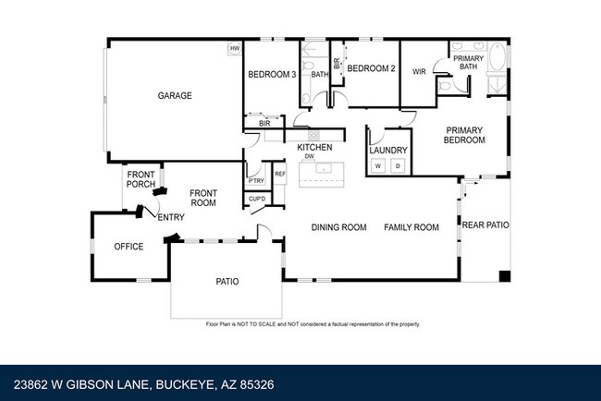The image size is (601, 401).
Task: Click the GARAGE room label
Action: [174, 95]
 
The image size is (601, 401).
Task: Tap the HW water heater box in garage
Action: [235, 49]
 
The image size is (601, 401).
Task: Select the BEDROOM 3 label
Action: [271, 75]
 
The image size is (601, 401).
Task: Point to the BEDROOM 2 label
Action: [371, 68]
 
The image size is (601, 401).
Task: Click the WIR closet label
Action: [418, 70]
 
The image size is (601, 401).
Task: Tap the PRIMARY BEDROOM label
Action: [465, 135]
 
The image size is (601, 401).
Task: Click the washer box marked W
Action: [377, 166]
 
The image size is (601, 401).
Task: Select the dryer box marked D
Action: [398, 166]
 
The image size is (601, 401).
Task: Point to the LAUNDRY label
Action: [387, 150]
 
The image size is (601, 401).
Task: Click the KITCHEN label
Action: [313, 148]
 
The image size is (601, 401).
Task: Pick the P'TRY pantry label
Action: [255, 180]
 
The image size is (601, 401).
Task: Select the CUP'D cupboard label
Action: [256, 199]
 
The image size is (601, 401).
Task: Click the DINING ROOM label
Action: [338, 227]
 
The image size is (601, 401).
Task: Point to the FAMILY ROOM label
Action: [411, 227]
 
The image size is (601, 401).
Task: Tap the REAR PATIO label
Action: [485, 225]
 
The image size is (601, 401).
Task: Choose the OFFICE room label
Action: [129, 247]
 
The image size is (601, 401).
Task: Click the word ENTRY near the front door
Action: [171, 217]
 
